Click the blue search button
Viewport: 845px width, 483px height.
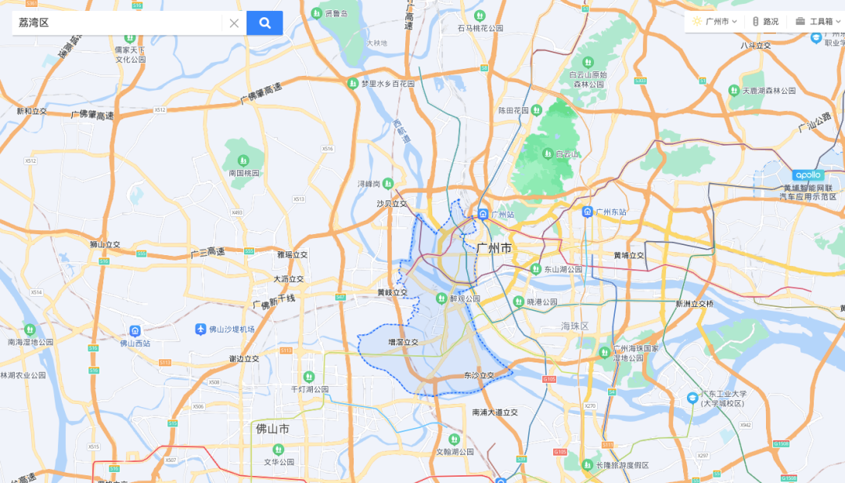264,23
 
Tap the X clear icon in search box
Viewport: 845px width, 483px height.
234,23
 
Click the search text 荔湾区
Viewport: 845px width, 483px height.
34,23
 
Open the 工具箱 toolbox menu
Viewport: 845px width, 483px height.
814,21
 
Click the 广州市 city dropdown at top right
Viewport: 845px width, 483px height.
714,21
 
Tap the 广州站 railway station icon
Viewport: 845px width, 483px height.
484,214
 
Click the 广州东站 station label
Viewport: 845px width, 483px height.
613,212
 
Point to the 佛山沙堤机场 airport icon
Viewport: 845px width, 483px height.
201,329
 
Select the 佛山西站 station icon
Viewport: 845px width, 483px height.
135,331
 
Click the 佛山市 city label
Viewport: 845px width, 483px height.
272,429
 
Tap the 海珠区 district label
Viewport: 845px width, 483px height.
574,326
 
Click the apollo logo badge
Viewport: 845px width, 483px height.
807,175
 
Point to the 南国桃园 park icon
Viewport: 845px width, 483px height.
243,161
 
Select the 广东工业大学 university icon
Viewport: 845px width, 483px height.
692,398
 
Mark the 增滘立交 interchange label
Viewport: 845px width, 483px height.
403,342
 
